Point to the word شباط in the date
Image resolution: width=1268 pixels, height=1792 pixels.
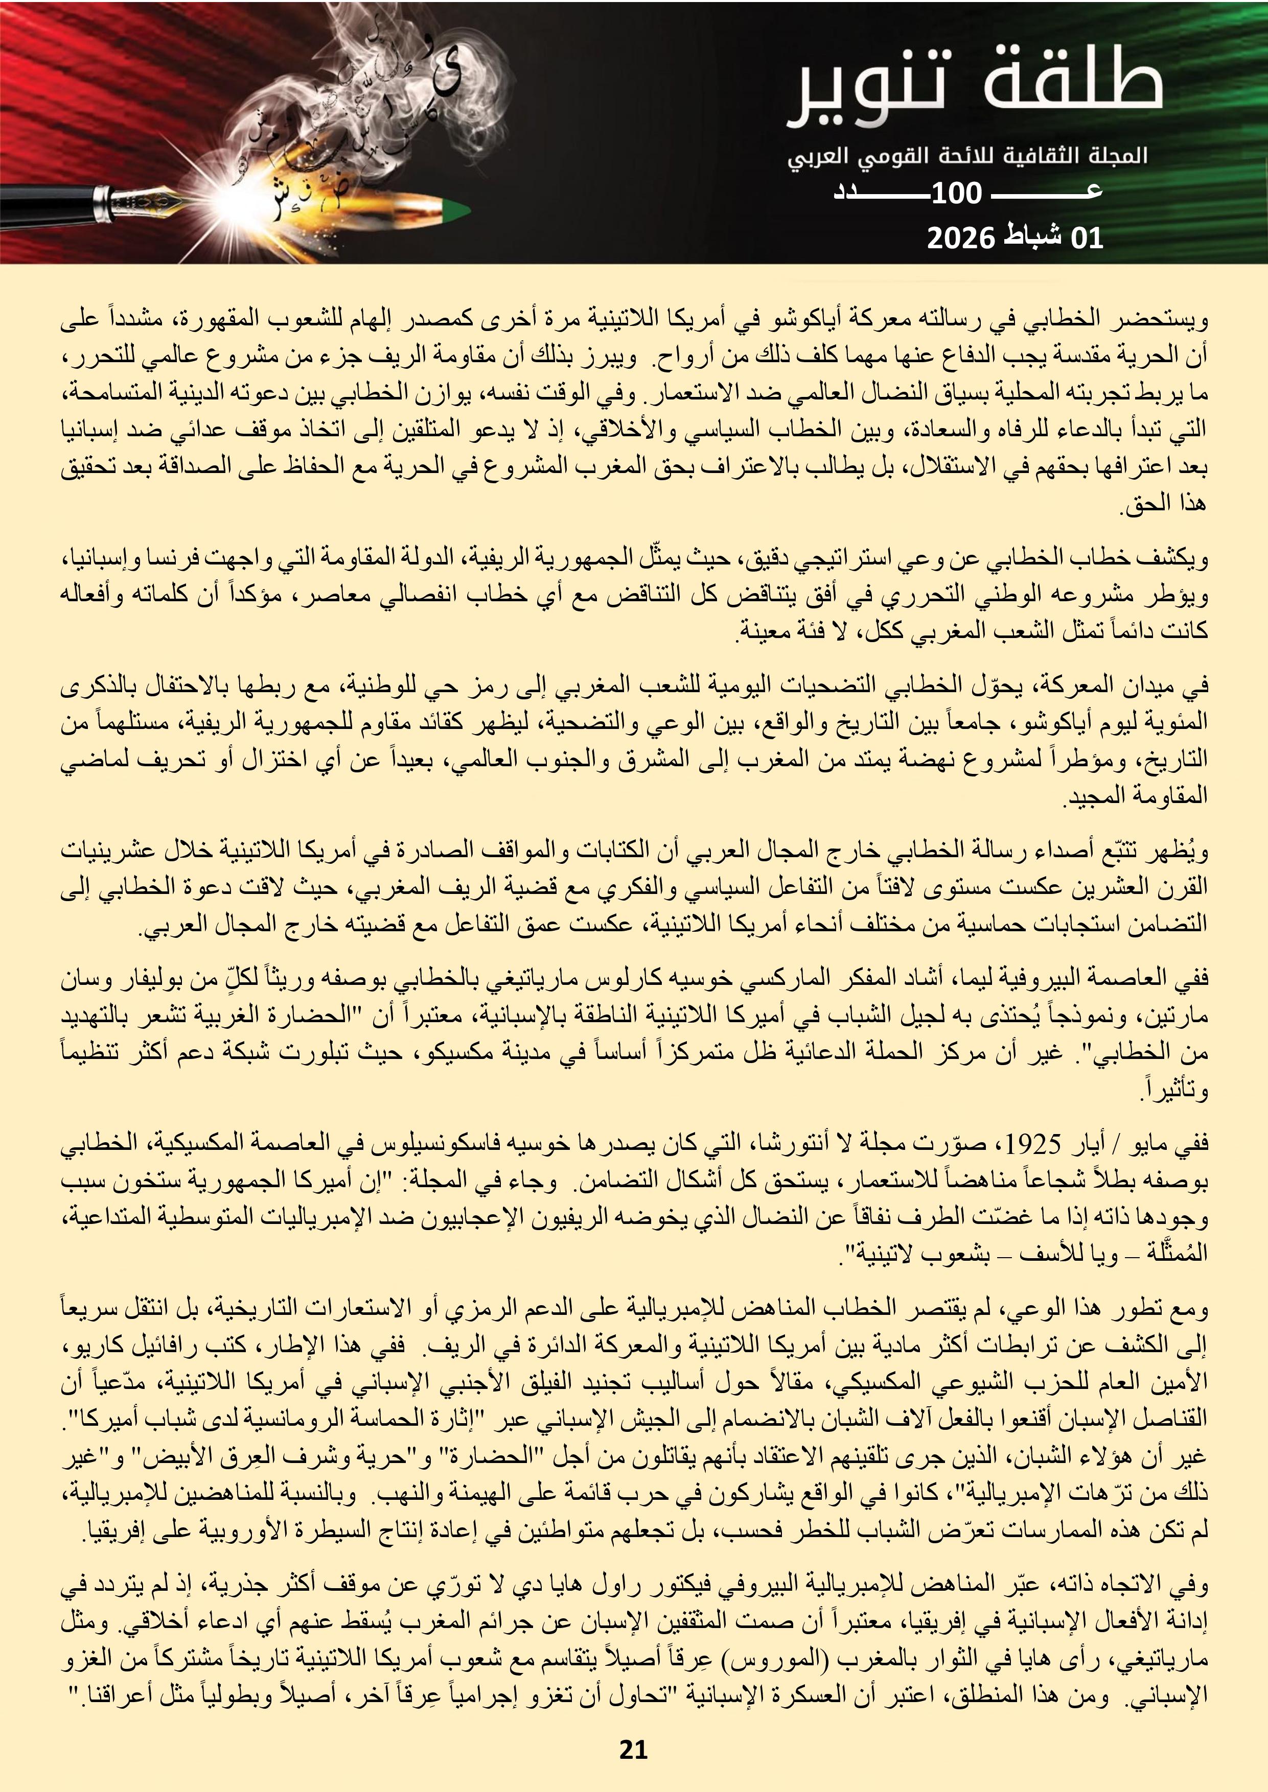pyautogui.click(x=1033, y=237)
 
